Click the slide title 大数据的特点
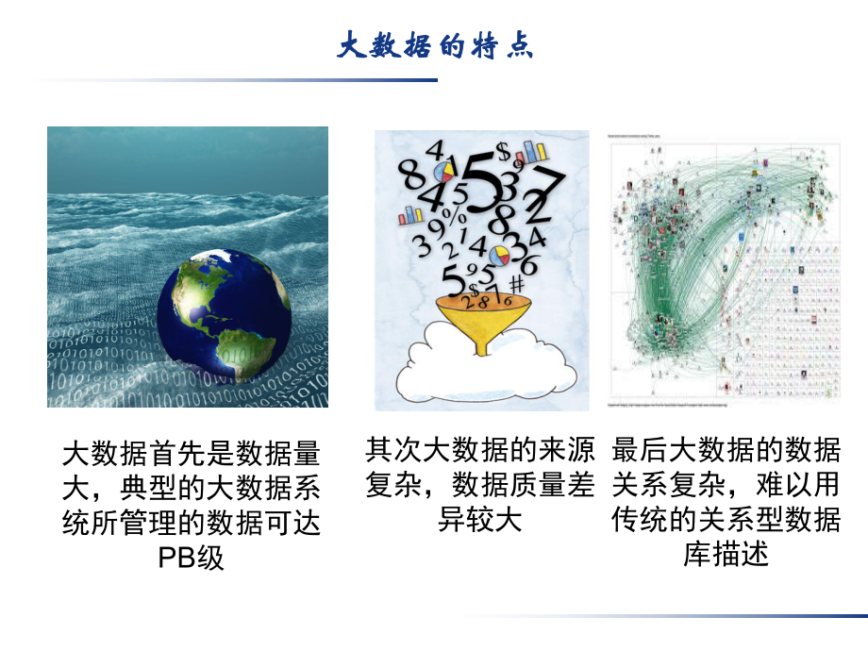(x=435, y=45)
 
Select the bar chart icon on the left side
(x=411, y=215)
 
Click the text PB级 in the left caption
(x=192, y=557)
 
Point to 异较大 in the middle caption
(x=479, y=519)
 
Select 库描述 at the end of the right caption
(x=726, y=553)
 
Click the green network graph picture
(x=726, y=269)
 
